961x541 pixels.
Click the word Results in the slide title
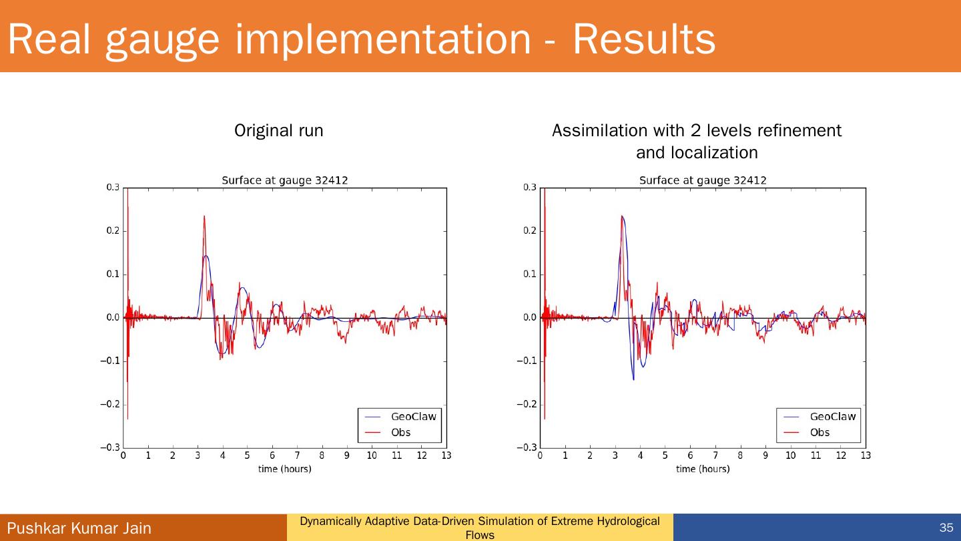coord(643,39)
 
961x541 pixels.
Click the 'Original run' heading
coord(278,131)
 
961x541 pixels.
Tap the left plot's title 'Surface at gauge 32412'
coord(284,180)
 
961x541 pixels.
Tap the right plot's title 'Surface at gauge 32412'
coord(703,180)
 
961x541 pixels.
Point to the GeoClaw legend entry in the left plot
coord(413,416)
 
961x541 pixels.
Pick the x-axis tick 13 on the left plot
coord(446,456)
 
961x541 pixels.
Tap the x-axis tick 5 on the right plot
coord(665,456)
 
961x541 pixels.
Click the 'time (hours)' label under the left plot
coord(284,469)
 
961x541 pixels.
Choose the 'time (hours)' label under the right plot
coord(703,469)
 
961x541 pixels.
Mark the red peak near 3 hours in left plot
coord(204,217)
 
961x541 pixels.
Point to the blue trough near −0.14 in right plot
coord(633,379)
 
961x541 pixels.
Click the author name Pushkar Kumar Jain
coord(79,528)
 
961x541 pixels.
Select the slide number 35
coord(946,528)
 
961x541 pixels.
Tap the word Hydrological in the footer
coord(627,521)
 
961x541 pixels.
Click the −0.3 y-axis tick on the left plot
coord(111,447)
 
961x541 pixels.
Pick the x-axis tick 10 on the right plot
coord(790,456)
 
